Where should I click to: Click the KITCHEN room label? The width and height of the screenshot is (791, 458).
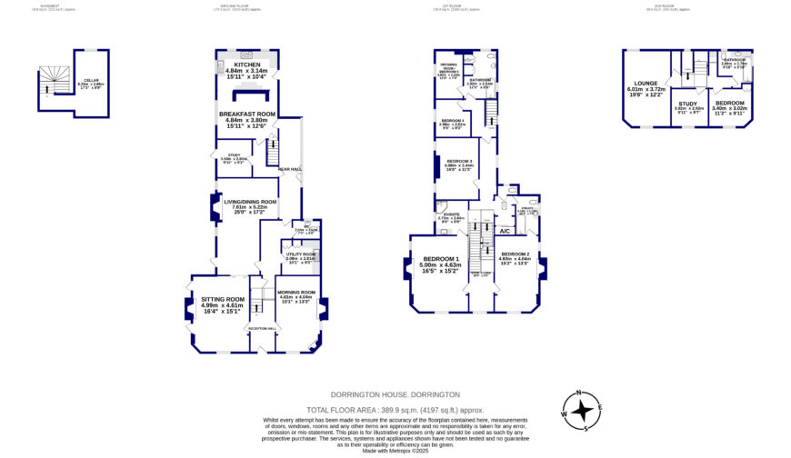[x=246, y=65]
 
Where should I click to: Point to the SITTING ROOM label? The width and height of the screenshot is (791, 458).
[x=223, y=299]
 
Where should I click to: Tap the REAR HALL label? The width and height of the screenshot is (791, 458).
[x=290, y=166]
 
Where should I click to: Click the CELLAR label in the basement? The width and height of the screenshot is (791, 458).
[x=87, y=80]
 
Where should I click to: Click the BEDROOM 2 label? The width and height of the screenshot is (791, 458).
[x=515, y=254]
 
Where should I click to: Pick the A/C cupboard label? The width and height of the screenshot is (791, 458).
[x=505, y=231]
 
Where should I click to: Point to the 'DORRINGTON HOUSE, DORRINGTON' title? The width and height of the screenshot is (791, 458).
[x=395, y=394]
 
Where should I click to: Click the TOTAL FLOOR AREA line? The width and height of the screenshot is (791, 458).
[x=395, y=410]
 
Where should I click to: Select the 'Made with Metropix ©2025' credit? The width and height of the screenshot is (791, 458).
[x=395, y=451]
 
